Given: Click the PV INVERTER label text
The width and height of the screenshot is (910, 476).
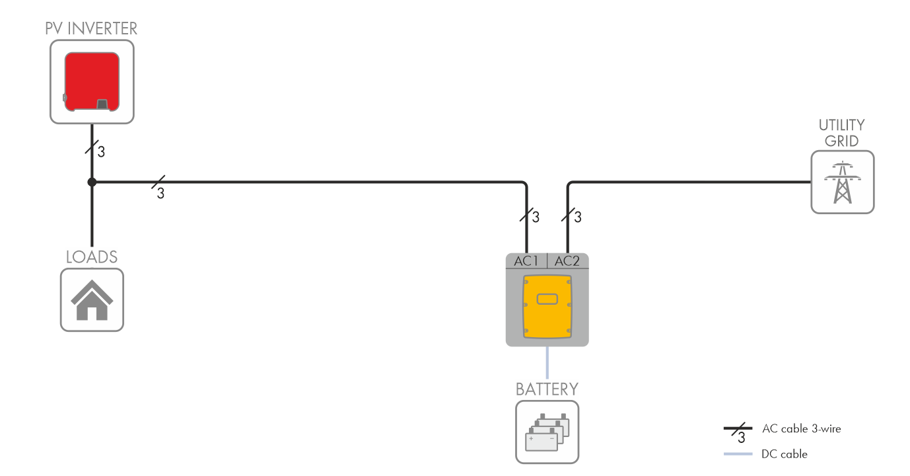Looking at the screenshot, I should (x=91, y=28).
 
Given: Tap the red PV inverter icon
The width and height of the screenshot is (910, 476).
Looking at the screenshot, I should (x=92, y=81).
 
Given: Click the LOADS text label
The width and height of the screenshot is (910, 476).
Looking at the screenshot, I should (x=92, y=257).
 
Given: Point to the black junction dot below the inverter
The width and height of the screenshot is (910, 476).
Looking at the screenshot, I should (x=92, y=182).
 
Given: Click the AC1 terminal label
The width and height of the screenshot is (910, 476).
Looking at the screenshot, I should (x=526, y=261).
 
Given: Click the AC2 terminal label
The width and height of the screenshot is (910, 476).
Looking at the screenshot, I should (x=567, y=261).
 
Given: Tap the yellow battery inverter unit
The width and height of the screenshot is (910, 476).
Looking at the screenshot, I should (x=547, y=307).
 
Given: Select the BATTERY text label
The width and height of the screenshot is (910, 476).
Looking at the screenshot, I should (x=547, y=389).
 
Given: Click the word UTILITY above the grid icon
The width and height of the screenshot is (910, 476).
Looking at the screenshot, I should (x=842, y=126).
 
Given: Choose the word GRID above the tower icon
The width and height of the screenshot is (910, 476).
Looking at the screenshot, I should (x=842, y=141).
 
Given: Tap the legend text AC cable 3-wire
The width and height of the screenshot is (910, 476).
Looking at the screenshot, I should (x=801, y=429).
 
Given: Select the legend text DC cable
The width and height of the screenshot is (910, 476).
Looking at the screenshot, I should (x=785, y=454).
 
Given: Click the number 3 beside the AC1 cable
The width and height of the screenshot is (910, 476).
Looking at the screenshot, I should (x=536, y=217).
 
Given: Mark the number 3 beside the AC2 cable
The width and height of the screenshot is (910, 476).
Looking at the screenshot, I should (x=577, y=217).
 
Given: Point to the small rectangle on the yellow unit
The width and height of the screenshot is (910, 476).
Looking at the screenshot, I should (x=547, y=299).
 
